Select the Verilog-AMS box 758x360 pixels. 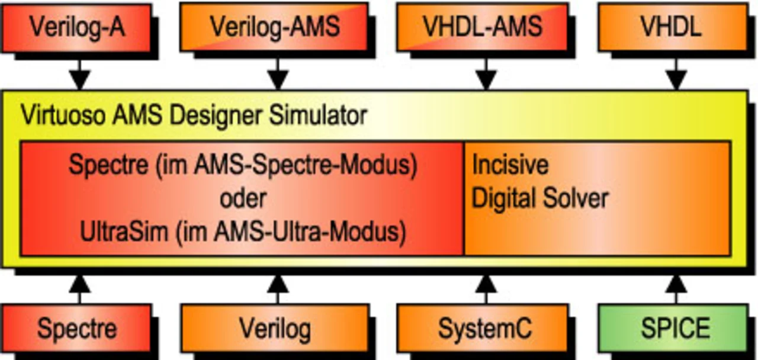[274, 27]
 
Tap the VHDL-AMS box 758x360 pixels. [483, 27]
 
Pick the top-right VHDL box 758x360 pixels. [672, 27]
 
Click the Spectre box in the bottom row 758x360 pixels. [77, 327]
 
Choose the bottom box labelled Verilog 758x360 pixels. [274, 327]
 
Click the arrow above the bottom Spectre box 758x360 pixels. [79, 287]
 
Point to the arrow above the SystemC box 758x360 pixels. [486, 287]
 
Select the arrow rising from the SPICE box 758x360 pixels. [676, 287]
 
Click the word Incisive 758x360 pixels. [510, 165]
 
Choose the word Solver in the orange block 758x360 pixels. [580, 198]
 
